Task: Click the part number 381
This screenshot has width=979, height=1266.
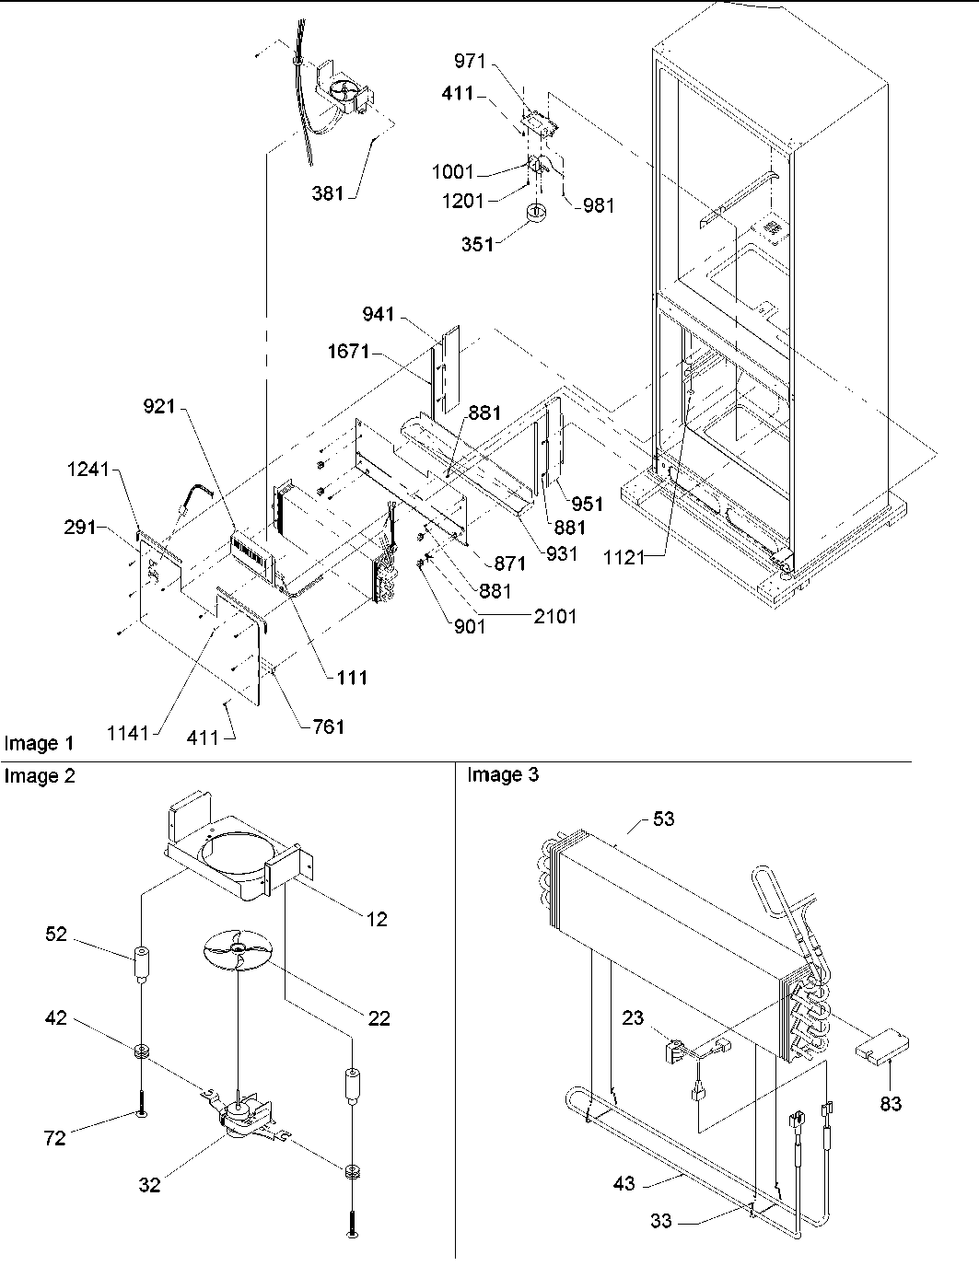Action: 328,193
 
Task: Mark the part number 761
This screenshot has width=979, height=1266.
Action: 322,726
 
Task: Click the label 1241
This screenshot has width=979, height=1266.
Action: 87,470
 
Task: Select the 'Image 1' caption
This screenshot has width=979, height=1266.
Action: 39,743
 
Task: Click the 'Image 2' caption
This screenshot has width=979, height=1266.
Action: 40,776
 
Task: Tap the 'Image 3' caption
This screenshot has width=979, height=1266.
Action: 503,775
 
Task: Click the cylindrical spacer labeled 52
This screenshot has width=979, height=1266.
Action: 141,961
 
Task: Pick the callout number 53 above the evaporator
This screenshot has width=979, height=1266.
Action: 663,818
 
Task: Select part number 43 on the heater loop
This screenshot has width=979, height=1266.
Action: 624,1183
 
